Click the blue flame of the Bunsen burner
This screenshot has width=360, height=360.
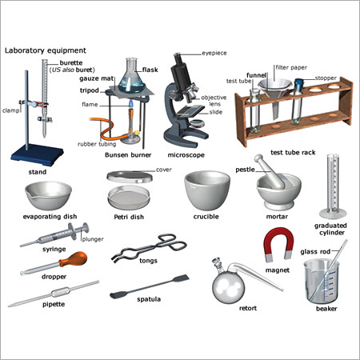(x=130, y=127)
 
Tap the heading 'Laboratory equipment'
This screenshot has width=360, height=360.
(x=44, y=50)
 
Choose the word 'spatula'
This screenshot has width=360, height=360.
(x=149, y=300)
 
